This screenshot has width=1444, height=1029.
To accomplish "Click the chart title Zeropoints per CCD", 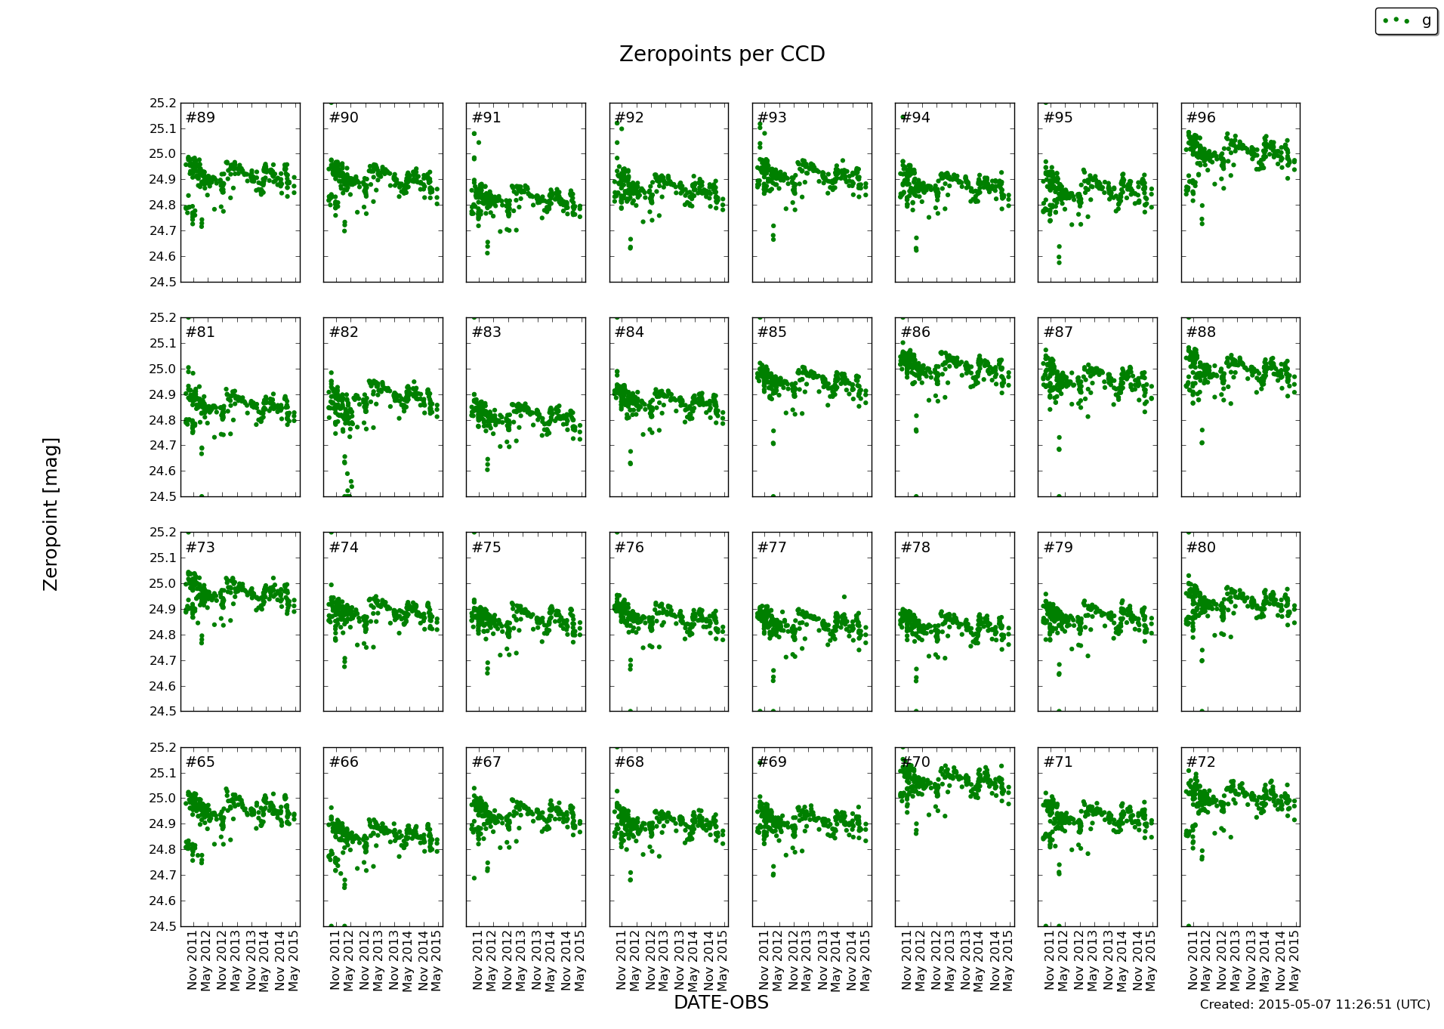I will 721,54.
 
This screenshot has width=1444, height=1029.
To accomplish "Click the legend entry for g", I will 1405,21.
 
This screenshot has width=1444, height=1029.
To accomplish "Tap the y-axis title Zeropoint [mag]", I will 51,514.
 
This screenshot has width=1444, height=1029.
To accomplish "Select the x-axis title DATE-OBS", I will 720,1003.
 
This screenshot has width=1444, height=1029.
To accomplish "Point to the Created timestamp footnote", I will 1314,1005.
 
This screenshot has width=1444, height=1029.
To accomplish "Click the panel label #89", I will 200,118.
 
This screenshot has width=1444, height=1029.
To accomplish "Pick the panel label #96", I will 1201,118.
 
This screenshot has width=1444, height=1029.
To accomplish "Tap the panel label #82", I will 344,332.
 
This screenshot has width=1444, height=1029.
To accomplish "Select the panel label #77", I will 772,548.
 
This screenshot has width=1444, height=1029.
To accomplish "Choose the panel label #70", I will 915,762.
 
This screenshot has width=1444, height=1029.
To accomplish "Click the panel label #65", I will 200,762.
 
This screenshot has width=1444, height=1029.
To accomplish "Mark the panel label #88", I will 1201,332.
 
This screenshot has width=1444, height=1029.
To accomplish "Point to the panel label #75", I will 486,548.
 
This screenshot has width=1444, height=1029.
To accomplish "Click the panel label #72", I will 1201,762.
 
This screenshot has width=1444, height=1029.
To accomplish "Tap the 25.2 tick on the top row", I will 162,104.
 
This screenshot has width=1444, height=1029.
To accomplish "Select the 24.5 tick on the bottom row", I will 162,926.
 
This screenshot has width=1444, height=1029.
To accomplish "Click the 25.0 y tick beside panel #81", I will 162,369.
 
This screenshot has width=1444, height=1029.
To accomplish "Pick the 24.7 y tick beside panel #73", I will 162,660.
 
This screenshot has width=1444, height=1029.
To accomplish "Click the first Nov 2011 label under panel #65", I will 192,960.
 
